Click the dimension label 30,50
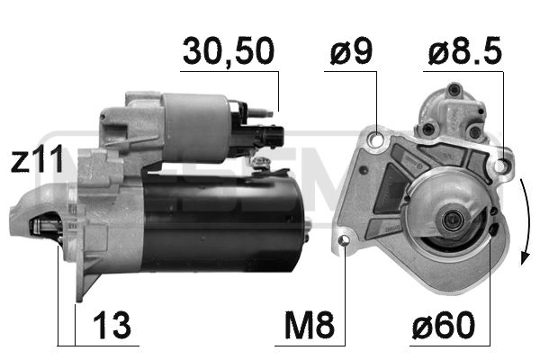pos(229,51)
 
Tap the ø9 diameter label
pos(351,51)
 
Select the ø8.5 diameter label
pos(465,51)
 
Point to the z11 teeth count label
pos(37,158)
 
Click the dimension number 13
pos(112,325)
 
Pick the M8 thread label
pos(310,325)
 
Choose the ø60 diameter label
pos(443,325)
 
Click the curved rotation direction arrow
pos(526,220)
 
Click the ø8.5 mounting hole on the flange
pos(501,166)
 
